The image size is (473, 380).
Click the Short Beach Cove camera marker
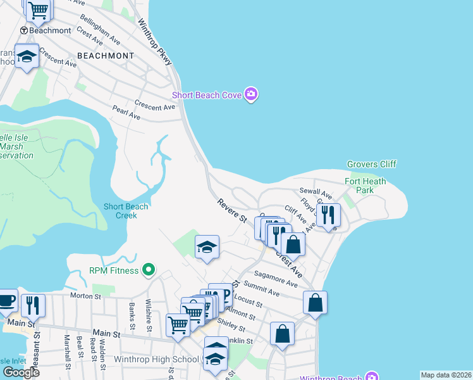pos(252,95)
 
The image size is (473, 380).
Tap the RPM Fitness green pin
pos(149,270)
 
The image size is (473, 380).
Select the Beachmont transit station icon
pos(24,30)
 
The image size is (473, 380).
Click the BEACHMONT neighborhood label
pos(105,56)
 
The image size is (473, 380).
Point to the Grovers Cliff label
pos(372,164)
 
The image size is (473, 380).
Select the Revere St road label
pos(231,210)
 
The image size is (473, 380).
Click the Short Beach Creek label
pos(126,211)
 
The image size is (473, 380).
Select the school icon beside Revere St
pos(207,247)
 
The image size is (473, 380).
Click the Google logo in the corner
pos(20,372)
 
